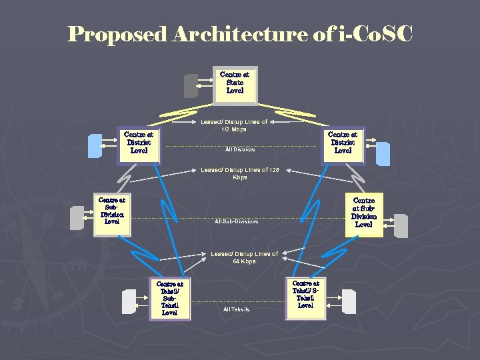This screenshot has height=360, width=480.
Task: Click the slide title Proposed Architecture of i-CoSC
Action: (x=240, y=34)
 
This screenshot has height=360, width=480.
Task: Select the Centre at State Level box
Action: (x=235, y=84)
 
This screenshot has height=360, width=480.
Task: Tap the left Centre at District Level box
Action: (x=139, y=143)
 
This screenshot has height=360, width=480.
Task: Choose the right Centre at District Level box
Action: (x=343, y=143)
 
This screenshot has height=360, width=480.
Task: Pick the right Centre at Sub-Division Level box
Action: (x=363, y=213)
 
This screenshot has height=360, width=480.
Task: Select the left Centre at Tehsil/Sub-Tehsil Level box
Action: (x=169, y=298)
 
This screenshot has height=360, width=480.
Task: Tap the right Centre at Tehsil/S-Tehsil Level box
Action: (x=305, y=294)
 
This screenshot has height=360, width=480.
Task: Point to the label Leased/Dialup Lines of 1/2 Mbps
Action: (x=234, y=125)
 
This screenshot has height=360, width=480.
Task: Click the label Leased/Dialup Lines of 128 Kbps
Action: (x=239, y=173)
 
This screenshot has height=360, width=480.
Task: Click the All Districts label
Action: (x=240, y=149)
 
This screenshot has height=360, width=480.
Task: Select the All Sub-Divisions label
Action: (x=236, y=221)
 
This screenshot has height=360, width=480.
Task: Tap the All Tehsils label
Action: (x=236, y=309)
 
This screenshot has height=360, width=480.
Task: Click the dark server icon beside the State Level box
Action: (x=191, y=85)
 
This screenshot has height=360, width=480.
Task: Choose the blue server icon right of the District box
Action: (x=383, y=153)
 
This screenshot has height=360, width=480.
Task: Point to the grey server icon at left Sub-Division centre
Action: (x=77, y=217)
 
